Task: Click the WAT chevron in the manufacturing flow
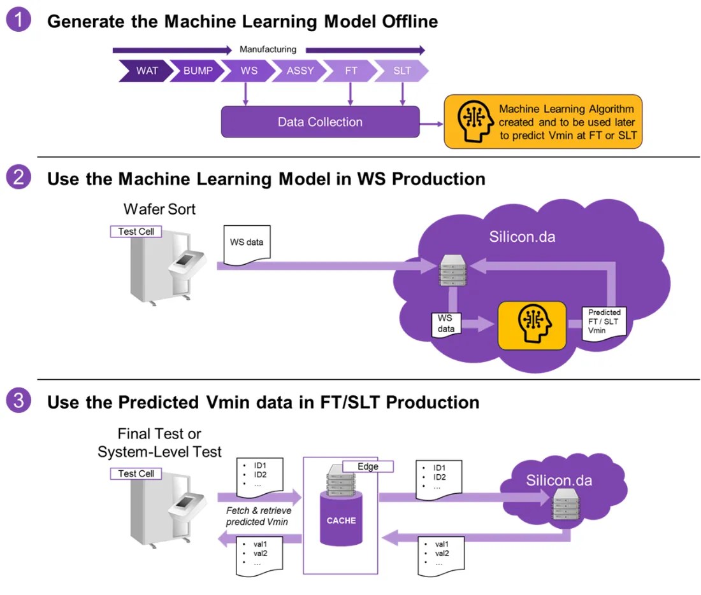[146, 71]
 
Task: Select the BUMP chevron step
[197, 71]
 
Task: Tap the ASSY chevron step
[299, 71]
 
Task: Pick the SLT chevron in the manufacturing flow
[401, 71]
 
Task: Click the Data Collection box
[320, 122]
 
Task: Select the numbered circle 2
[18, 178]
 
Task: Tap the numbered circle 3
[18, 401]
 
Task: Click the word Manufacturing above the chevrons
[268, 49]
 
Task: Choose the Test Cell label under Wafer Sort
[136, 232]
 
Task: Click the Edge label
[368, 466]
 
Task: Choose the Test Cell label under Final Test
[136, 473]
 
